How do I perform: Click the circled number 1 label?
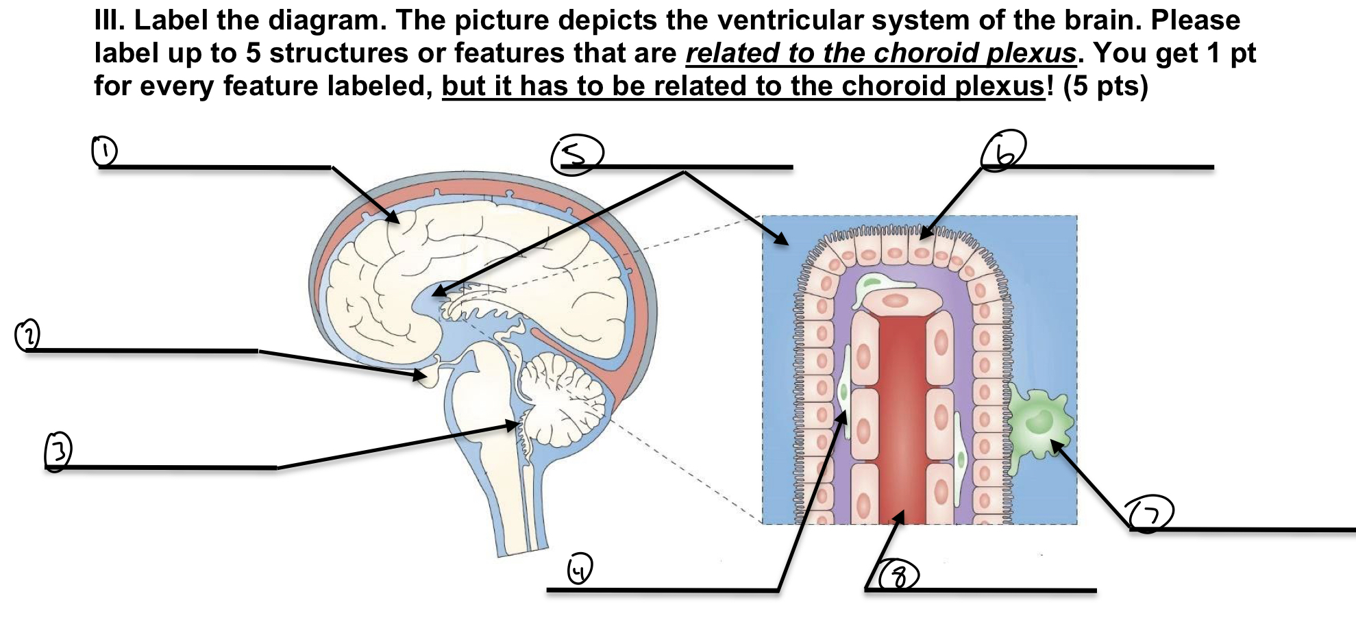pyautogui.click(x=104, y=151)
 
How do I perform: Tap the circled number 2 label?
pyautogui.click(x=27, y=335)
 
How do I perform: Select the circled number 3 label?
pyautogui.click(x=58, y=451)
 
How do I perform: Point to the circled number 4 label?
pyautogui.click(x=580, y=569)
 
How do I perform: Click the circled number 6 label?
pyautogui.click(x=1003, y=151)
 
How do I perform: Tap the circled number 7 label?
pyautogui.click(x=1151, y=514)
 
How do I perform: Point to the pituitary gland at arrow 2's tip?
pyautogui.click(x=428, y=377)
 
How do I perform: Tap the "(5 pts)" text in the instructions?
pyautogui.click(x=1105, y=86)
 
